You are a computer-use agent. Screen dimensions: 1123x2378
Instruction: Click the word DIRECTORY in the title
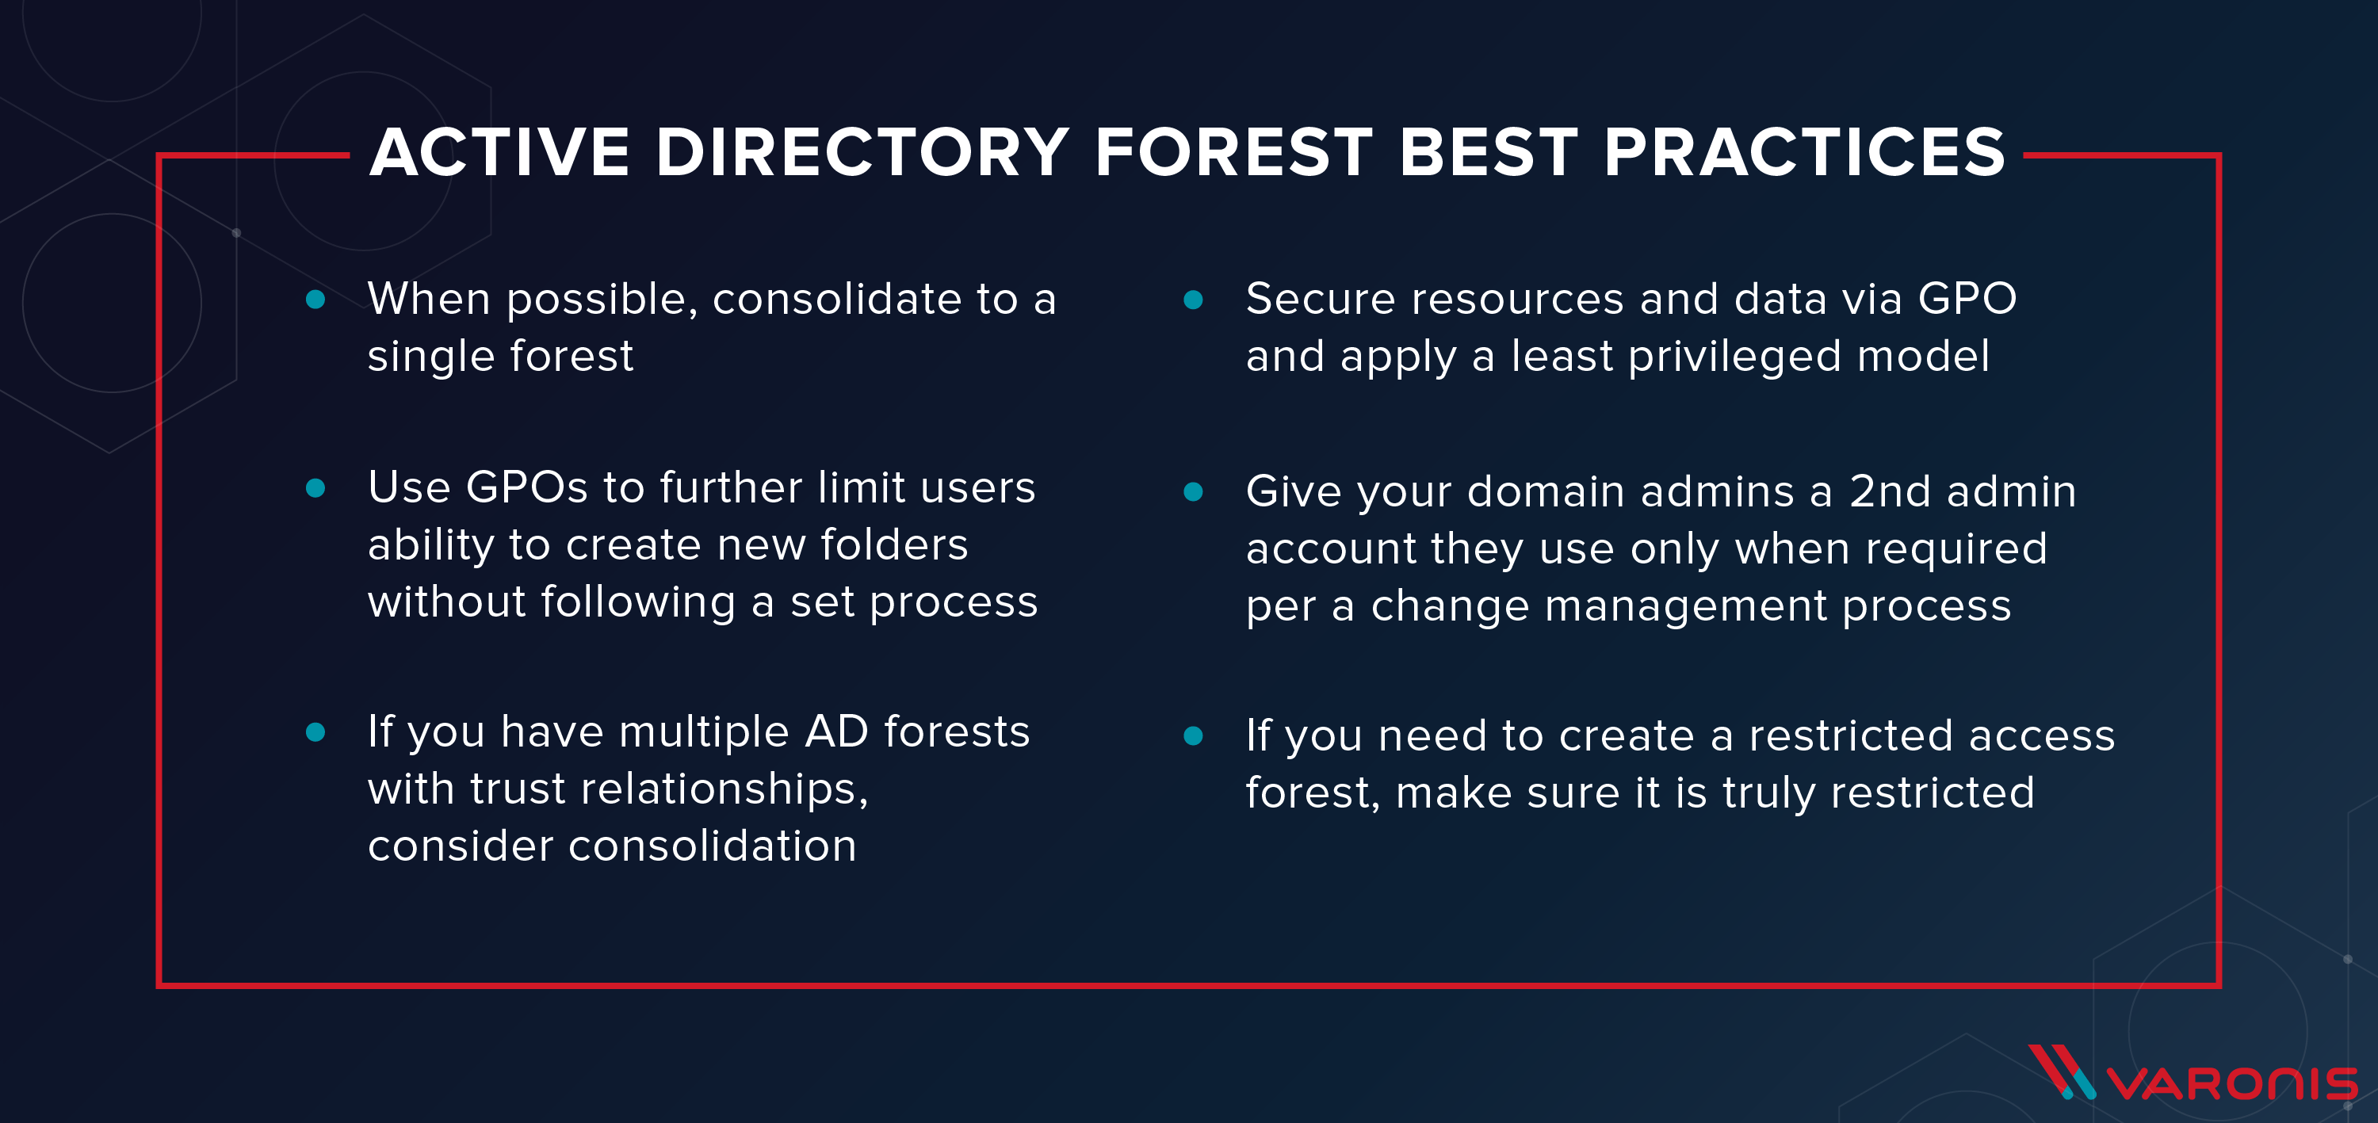tap(862, 152)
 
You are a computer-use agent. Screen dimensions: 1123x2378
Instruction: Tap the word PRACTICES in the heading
tap(1804, 152)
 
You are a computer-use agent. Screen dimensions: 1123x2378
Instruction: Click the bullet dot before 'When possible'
tap(315, 299)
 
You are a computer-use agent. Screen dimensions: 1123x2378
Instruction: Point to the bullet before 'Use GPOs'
tap(315, 488)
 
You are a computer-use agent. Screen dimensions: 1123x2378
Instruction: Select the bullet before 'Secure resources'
tap(1193, 299)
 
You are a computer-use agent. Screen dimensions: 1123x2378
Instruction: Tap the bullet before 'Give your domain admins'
tap(1193, 492)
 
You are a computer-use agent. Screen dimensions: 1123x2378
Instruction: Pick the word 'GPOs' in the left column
tap(526, 488)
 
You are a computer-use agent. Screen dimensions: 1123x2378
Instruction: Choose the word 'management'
tap(1686, 606)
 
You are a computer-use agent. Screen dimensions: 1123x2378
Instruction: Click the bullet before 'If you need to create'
tap(1193, 735)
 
